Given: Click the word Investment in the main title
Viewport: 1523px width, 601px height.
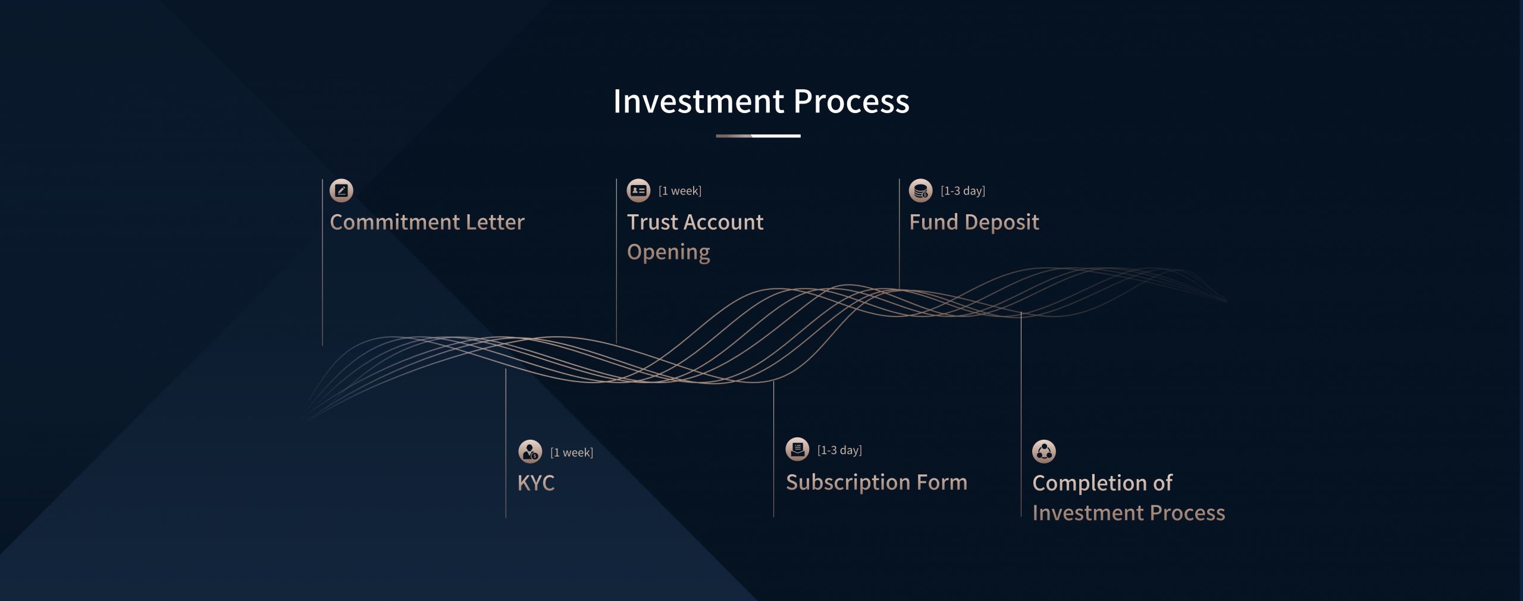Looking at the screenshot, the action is point(698,101).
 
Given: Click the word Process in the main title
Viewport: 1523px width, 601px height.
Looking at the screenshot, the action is point(851,101).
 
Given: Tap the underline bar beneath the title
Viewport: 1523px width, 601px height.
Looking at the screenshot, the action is point(758,136).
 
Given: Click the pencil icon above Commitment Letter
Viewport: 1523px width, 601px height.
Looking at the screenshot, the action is point(341,190).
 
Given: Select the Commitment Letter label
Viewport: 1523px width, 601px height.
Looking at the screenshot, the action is point(427,222).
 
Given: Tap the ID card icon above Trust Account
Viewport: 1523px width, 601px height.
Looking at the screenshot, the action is point(638,190).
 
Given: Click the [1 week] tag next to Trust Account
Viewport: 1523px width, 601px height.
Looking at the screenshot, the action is point(680,191).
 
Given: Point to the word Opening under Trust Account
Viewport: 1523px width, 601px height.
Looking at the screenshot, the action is point(669,252).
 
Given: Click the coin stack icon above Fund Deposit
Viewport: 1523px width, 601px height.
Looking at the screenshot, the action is point(920,190).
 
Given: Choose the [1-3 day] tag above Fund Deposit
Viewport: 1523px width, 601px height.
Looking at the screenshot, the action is point(963,191).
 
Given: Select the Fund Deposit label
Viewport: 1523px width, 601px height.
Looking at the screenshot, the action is point(974,222).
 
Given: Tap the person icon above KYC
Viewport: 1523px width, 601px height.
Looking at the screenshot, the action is point(530,452).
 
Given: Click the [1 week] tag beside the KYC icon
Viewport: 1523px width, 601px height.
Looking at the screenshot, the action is point(572,453).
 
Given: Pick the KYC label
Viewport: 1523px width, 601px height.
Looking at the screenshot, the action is point(536,483).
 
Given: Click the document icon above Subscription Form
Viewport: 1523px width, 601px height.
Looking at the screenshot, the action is point(797,449).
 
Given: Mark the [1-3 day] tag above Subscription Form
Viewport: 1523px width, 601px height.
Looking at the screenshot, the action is point(839,450).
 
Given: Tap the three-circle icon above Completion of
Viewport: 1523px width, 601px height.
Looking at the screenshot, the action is point(1044,452).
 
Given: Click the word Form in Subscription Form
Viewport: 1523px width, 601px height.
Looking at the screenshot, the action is point(942,482).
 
